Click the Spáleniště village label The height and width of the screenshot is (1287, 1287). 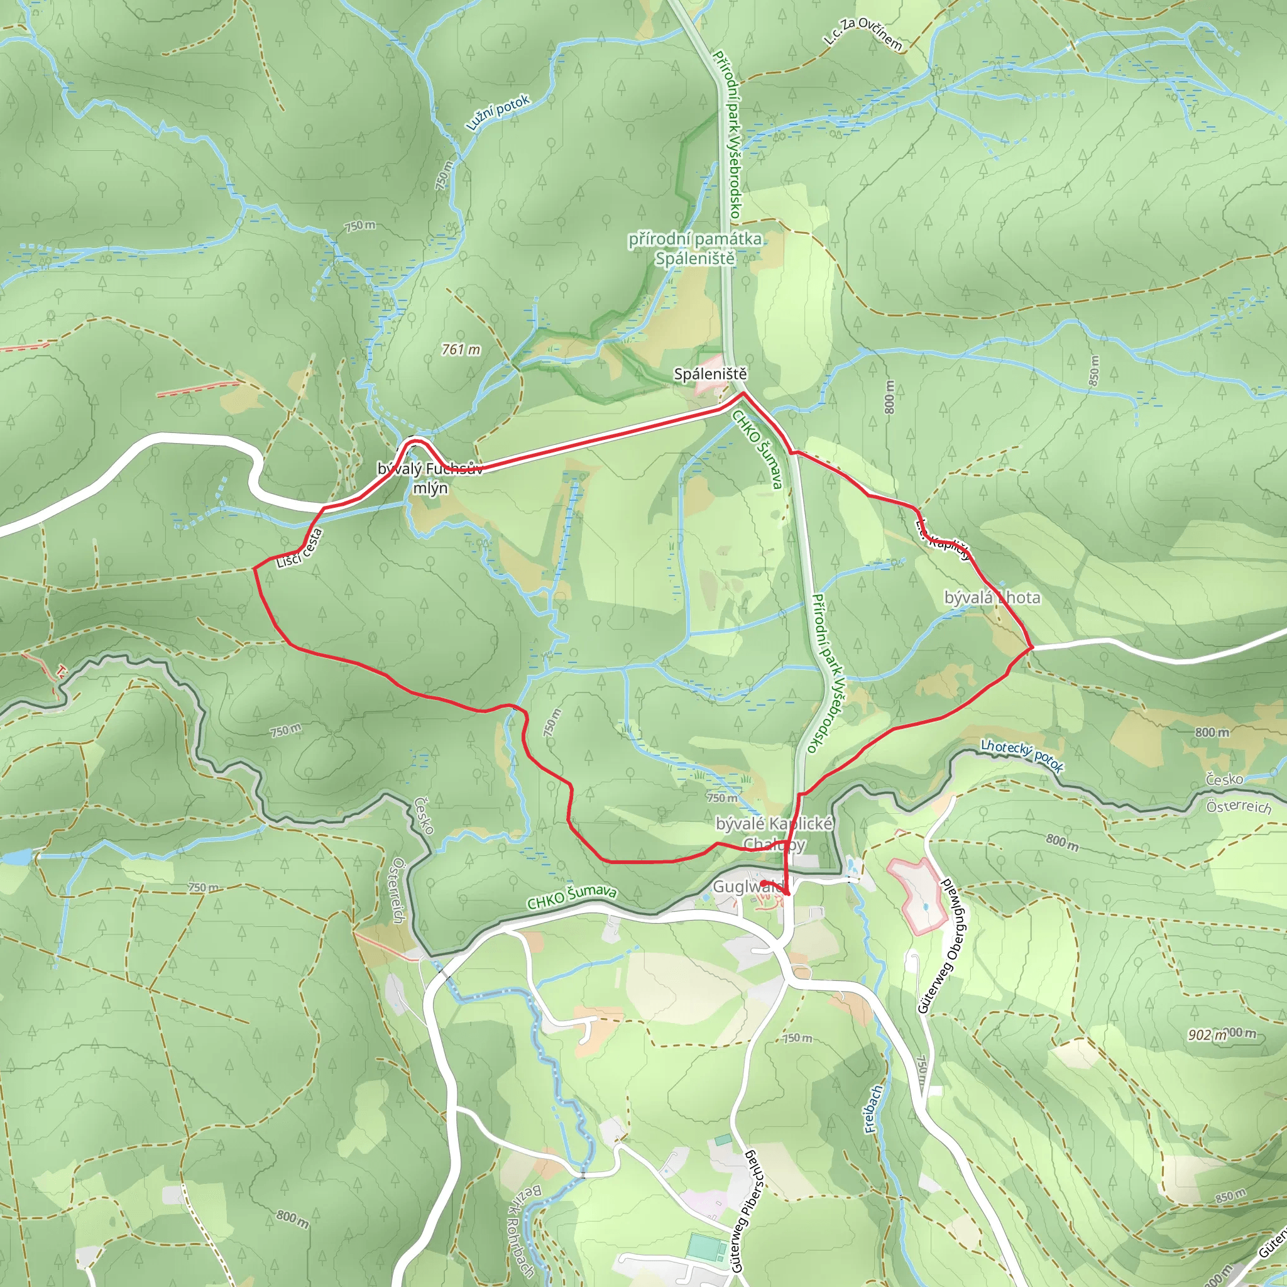710,375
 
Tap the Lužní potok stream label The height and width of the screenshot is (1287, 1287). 498,112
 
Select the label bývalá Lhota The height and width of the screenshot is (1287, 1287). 992,598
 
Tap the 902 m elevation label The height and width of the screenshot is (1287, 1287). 1208,1035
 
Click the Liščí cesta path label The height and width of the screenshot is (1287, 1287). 300,549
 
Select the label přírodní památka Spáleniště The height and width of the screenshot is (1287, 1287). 695,248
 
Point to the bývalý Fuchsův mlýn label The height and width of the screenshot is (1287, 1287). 430,478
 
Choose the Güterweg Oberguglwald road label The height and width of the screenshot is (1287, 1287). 946,946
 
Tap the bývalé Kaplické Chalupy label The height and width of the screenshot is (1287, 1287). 774,834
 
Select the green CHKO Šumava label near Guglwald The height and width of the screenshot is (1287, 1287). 572,897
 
